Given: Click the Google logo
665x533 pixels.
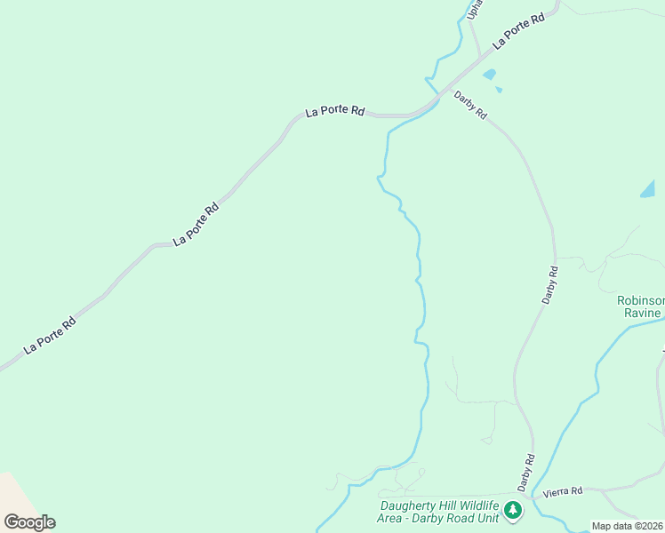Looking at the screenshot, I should [x=29, y=521].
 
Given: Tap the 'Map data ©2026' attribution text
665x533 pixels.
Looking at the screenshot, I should [x=627, y=526].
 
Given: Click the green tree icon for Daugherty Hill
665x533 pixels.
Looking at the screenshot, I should [x=512, y=510].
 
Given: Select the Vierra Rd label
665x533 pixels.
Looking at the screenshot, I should [x=564, y=490].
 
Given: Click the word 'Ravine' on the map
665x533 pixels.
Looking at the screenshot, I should [x=643, y=313].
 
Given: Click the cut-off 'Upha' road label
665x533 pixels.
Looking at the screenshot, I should [x=475, y=8].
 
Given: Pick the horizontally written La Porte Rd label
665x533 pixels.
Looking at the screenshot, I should [x=335, y=111].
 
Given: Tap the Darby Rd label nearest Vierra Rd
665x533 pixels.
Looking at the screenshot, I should [x=526, y=472].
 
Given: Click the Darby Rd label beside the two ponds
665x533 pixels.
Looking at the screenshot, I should [x=470, y=105].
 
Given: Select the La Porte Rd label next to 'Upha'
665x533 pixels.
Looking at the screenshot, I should [x=519, y=29].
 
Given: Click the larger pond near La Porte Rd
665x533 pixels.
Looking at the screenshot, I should [x=489, y=75].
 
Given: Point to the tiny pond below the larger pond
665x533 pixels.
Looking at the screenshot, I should [x=499, y=90].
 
